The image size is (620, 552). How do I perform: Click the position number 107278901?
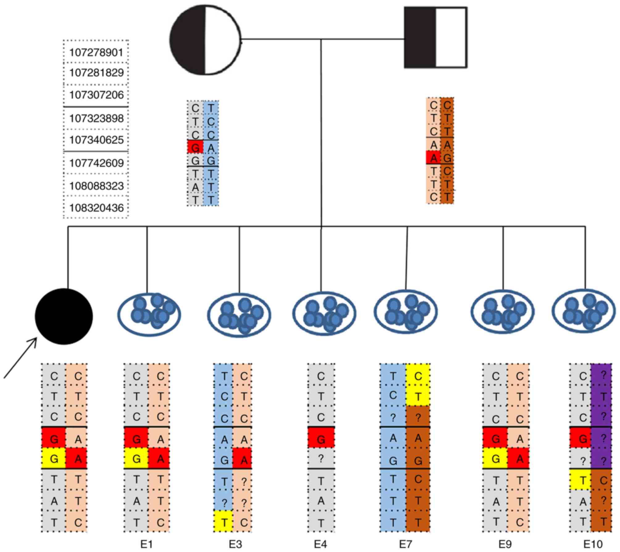click(x=96, y=52)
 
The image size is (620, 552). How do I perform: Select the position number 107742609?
click(x=96, y=163)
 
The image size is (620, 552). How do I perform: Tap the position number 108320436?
click(x=96, y=208)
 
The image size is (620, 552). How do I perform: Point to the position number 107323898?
click(x=96, y=118)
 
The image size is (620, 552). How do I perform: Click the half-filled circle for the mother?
click(x=205, y=40)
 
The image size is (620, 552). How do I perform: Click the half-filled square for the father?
click(x=435, y=37)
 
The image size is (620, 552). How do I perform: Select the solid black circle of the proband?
click(x=64, y=316)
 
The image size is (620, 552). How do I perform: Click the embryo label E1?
click(x=147, y=544)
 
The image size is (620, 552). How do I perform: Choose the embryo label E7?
click(x=405, y=544)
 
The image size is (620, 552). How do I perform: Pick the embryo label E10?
click(x=593, y=544)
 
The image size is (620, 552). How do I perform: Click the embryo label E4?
click(x=320, y=544)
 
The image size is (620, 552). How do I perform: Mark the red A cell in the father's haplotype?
click(x=434, y=158)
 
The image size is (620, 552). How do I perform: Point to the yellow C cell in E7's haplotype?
click(x=418, y=376)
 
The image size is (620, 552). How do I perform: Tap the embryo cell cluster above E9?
click(x=502, y=313)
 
